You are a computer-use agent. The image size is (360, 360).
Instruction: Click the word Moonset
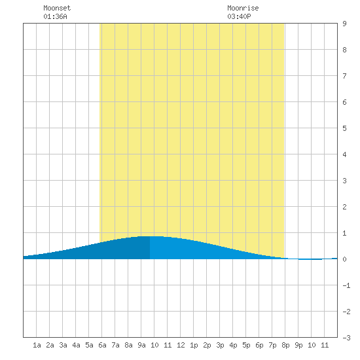tap(57, 8)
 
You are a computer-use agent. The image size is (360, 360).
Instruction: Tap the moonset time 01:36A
tap(55, 16)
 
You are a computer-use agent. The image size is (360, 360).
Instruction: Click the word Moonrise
tap(243, 8)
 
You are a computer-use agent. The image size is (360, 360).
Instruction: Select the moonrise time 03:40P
tap(239, 16)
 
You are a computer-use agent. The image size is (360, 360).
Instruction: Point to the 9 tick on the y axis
tap(344, 24)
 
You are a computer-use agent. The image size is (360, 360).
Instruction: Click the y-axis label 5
tap(344, 128)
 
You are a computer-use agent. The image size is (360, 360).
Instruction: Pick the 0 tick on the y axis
tap(344, 259)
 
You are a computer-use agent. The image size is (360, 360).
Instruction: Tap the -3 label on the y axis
tap(346, 338)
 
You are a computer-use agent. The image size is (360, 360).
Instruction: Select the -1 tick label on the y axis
tap(346, 285)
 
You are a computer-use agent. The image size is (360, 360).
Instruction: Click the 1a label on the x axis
tap(37, 345)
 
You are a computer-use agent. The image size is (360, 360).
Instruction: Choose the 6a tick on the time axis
tap(102, 345)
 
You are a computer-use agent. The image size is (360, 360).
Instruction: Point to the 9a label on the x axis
tap(141, 345)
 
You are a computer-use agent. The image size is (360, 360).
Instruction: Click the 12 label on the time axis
tap(181, 345)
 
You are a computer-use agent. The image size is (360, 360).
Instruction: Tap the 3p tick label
tap(220, 345)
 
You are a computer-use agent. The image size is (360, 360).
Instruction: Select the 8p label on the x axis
tap(285, 345)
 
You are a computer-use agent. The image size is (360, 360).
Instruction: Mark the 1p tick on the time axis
tap(194, 345)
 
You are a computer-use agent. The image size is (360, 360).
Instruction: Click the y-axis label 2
tap(344, 207)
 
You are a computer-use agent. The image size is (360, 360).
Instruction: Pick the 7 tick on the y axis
tap(344, 76)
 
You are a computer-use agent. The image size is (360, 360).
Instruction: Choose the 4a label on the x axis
tap(76, 345)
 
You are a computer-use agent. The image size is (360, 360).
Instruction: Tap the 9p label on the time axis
tap(298, 345)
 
